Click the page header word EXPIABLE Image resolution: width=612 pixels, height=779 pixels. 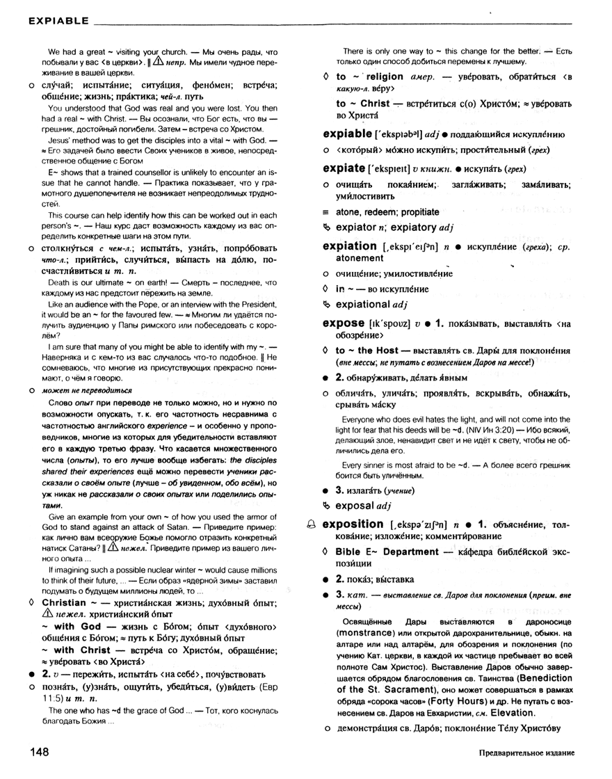(x=58, y=22)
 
